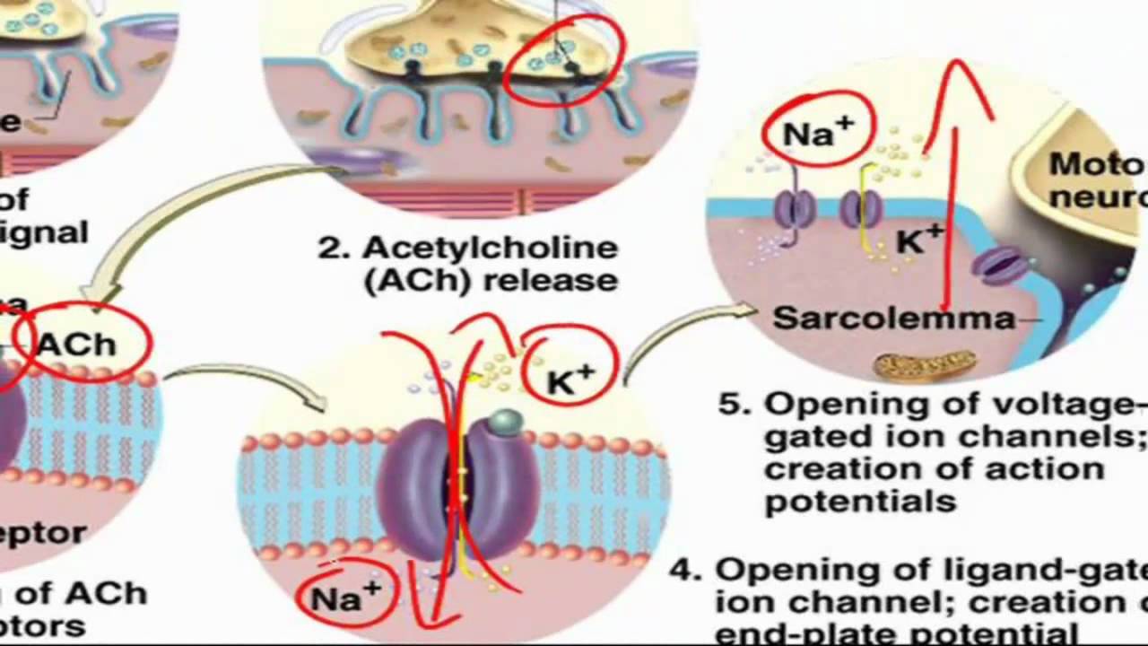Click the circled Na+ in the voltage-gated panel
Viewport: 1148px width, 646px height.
pyautogui.click(x=816, y=133)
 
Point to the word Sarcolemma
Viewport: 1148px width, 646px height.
pyautogui.click(x=893, y=318)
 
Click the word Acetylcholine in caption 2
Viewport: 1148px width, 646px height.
pyautogui.click(x=490, y=248)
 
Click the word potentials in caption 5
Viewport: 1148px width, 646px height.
pyautogui.click(x=860, y=501)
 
